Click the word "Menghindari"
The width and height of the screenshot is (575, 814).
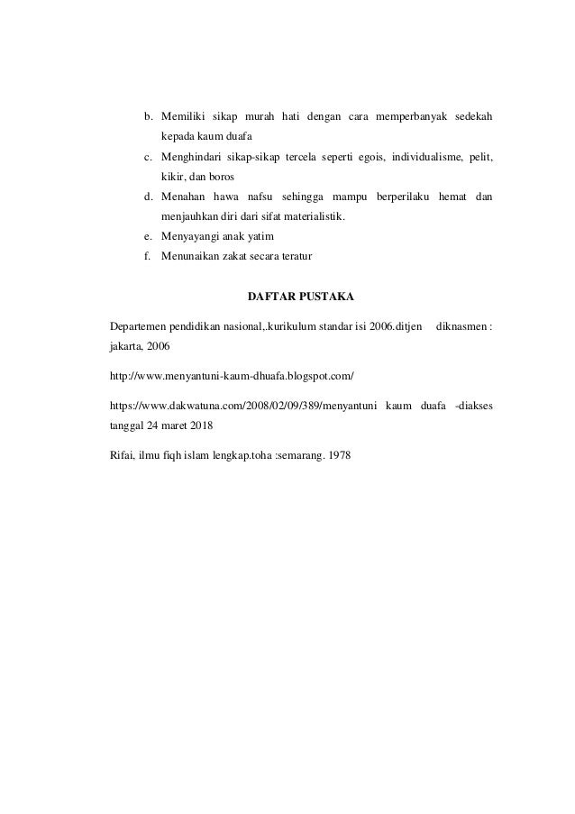(x=191, y=158)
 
